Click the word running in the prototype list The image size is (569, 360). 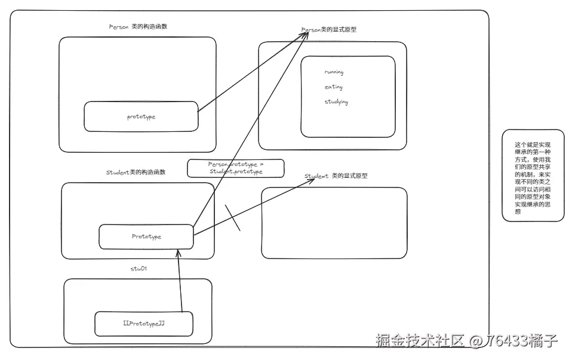tap(334, 72)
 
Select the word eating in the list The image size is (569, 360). tap(333, 87)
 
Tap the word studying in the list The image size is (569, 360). tap(336, 102)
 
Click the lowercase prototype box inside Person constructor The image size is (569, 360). tap(141, 116)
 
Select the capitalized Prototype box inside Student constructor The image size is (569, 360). tap(146, 236)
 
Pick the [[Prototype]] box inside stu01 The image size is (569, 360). tap(143, 324)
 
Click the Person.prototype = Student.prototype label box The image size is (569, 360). tap(235, 168)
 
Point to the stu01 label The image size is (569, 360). tap(139, 269)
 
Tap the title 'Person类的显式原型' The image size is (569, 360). tap(328, 29)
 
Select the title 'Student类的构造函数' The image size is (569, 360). tap(136, 172)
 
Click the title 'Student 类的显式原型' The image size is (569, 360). tap(336, 176)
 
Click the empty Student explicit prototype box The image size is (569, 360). tap(334, 223)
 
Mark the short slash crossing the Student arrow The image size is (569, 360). tap(232, 218)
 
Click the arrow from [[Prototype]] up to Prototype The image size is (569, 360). tap(179, 281)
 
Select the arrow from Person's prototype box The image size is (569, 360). tap(251, 72)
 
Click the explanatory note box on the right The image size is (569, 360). tap(533, 176)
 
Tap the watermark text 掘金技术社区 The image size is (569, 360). tap(420, 341)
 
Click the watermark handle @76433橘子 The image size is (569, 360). tap(513, 341)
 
